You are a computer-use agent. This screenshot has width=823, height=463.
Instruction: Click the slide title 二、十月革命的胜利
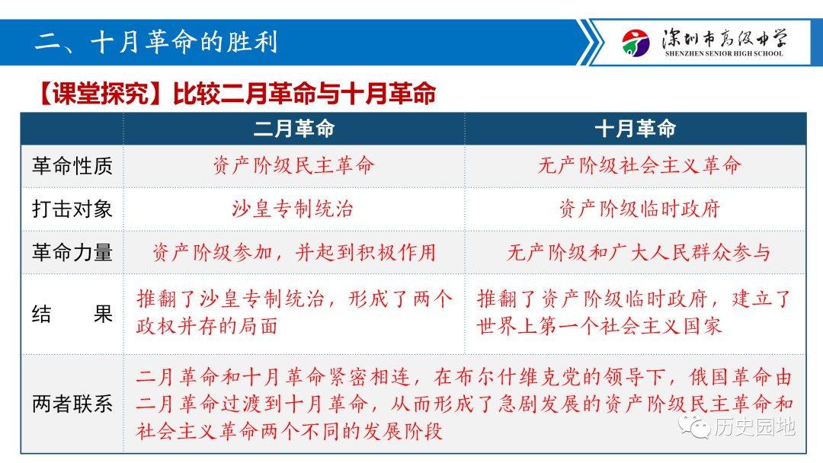[x=156, y=42]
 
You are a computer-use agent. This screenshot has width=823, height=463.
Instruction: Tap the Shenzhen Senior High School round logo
[x=636, y=43]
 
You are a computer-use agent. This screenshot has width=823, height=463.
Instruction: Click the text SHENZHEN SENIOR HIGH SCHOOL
[x=724, y=53]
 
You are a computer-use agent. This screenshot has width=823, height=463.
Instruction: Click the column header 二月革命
[x=294, y=129]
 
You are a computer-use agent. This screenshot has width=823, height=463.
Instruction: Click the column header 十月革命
[x=635, y=129]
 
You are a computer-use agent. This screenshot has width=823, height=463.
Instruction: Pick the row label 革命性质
[x=72, y=166]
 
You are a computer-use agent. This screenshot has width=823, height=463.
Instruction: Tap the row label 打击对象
[x=72, y=209]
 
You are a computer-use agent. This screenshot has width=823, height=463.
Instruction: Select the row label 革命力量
[x=72, y=253]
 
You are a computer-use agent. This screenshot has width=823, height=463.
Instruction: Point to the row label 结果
[x=72, y=314]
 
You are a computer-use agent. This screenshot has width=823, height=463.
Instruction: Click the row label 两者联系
[x=72, y=404]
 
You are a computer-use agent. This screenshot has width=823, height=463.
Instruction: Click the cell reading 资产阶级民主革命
[x=294, y=166]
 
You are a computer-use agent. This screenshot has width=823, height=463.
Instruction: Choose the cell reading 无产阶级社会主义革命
[x=639, y=166]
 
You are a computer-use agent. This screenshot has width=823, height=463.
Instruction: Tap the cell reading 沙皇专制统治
[x=293, y=209]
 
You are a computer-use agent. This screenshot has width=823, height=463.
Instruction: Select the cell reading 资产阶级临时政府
[x=639, y=209]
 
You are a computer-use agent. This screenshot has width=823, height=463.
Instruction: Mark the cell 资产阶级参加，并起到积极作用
[x=294, y=253]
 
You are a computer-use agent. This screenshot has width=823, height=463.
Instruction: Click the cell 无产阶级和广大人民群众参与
[x=639, y=253]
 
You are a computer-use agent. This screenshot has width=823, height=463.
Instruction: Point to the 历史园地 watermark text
[x=754, y=426]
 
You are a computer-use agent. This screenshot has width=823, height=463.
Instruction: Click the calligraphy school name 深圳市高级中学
[x=725, y=38]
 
